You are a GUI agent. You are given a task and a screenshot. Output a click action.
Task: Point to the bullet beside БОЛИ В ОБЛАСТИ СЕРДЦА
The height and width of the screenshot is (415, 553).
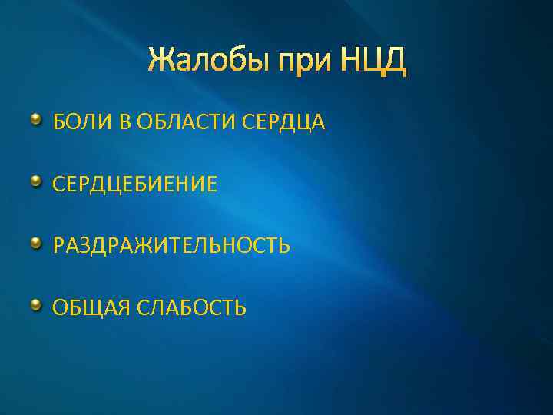click(36, 120)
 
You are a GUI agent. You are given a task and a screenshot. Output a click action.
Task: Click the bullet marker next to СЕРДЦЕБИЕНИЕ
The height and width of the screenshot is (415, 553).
click(36, 182)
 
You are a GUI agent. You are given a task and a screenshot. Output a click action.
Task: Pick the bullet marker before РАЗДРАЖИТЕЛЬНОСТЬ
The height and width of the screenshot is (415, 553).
click(36, 244)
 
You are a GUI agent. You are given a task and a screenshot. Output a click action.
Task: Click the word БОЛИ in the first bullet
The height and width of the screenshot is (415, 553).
click(75, 122)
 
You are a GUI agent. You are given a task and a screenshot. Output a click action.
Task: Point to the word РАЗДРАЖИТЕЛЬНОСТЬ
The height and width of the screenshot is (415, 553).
click(171, 247)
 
